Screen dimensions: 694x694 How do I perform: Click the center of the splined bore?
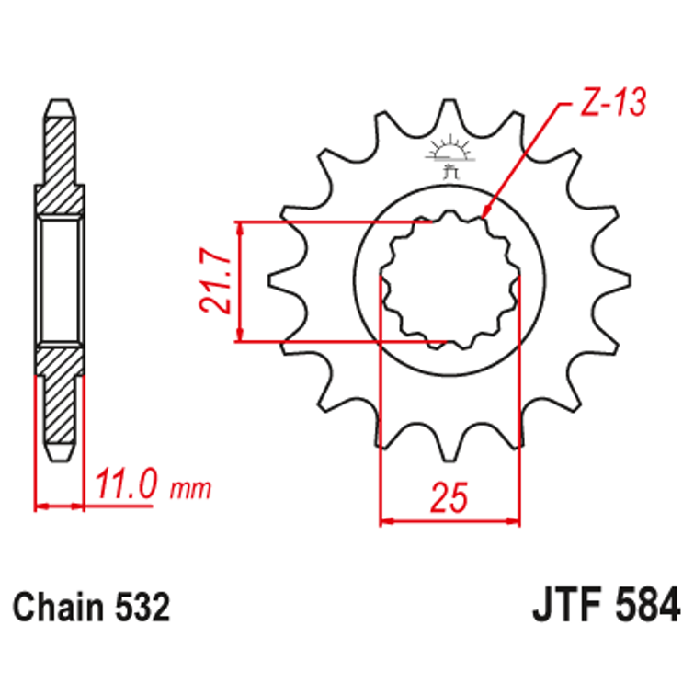click(449, 281)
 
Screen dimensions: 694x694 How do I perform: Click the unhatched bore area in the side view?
click(59, 280)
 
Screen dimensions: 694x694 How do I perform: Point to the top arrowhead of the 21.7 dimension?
click(239, 228)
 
